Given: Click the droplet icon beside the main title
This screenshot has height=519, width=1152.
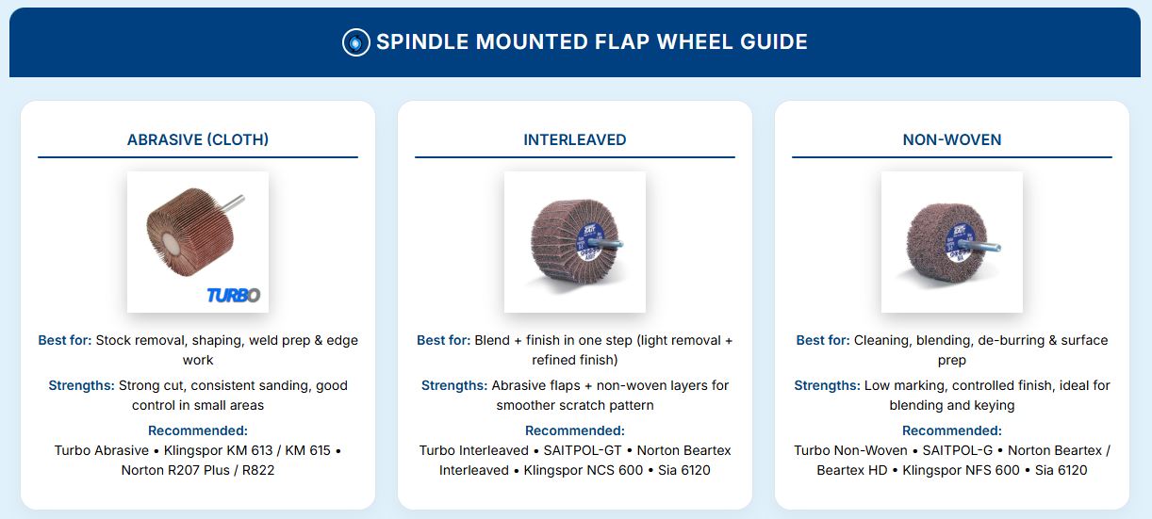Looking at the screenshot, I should click(x=355, y=42).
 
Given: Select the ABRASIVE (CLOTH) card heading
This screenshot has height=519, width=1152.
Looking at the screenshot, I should click(x=198, y=139).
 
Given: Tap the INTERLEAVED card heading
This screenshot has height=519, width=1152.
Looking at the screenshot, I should click(x=575, y=139).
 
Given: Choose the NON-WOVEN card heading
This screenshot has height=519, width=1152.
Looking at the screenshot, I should click(x=952, y=139).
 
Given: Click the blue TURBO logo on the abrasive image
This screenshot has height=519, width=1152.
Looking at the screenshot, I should click(x=233, y=295).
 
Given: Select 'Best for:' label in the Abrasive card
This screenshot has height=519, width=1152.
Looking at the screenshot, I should click(x=64, y=340).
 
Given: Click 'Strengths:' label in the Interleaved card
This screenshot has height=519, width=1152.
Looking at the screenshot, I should click(x=454, y=385).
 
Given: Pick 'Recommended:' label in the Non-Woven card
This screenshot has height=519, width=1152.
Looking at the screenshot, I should click(x=952, y=430).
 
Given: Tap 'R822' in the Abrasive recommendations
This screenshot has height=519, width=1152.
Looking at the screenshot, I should click(x=256, y=470).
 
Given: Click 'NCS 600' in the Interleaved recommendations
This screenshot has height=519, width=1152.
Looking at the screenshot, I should click(x=615, y=470).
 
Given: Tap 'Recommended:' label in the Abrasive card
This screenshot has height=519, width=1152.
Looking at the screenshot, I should click(x=198, y=430).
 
